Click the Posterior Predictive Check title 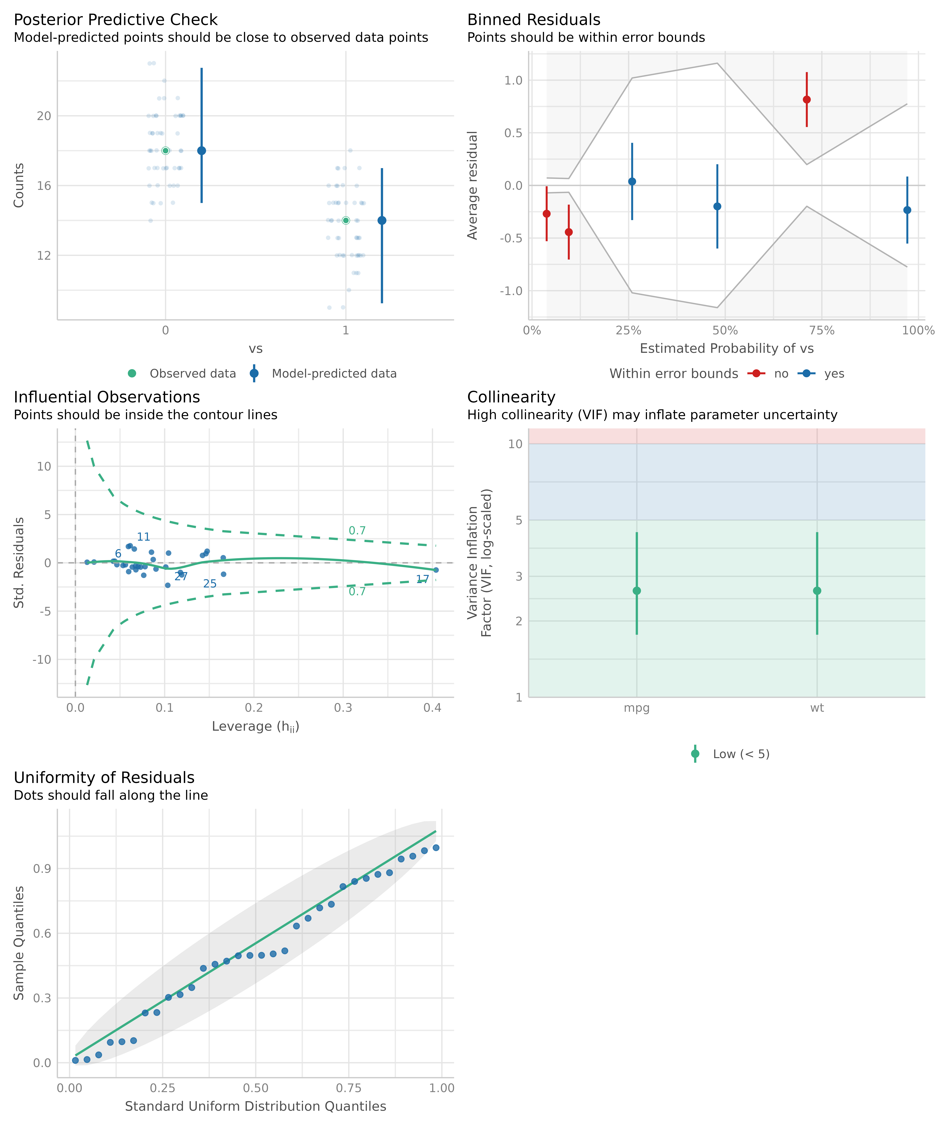[115, 20]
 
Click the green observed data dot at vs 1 [346, 221]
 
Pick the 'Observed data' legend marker [132, 373]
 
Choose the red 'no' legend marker [756, 373]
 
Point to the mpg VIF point [637, 591]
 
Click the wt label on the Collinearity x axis [817, 708]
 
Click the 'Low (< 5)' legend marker [695, 754]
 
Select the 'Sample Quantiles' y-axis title [19, 943]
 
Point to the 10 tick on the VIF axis [515, 444]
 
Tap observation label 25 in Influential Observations [210, 584]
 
